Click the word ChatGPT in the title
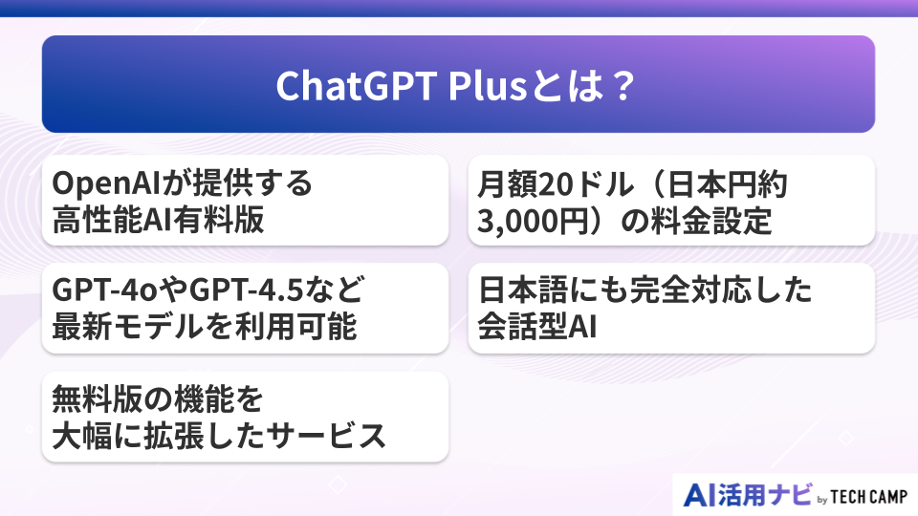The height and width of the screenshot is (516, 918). [357, 86]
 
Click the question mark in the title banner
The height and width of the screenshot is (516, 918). [623, 86]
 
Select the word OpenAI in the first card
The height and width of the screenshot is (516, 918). [106, 183]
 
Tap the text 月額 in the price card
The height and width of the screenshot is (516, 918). [507, 184]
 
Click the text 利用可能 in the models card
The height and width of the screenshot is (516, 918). [295, 326]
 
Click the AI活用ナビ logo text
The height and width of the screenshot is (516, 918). [748, 495]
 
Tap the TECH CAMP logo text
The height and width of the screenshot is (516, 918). [869, 497]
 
